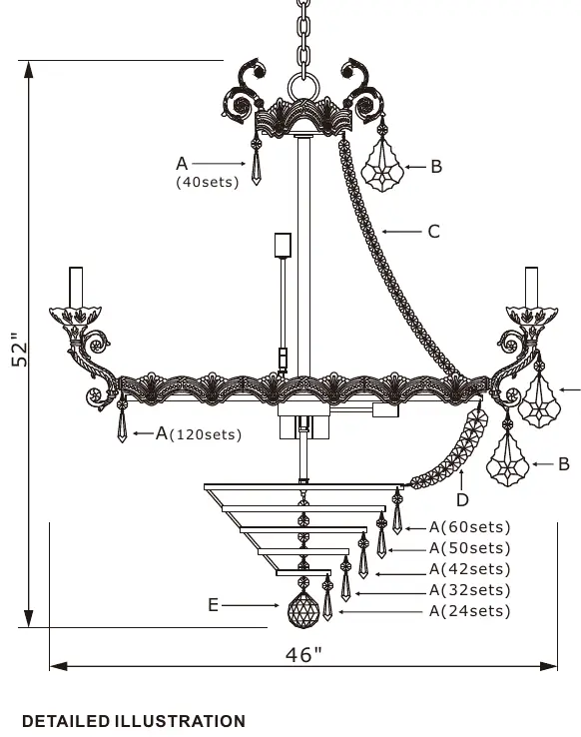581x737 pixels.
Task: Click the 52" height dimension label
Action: (20, 350)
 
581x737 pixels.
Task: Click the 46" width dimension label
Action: (303, 654)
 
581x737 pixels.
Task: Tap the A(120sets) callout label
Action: (199, 433)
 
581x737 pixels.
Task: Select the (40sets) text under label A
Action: (207, 182)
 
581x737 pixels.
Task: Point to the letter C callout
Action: (434, 232)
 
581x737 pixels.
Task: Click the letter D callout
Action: (462, 499)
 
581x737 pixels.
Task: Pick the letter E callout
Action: (214, 605)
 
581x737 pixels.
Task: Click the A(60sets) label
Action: (469, 527)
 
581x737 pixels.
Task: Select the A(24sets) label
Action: (469, 611)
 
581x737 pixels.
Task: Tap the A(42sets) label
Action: (469, 569)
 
